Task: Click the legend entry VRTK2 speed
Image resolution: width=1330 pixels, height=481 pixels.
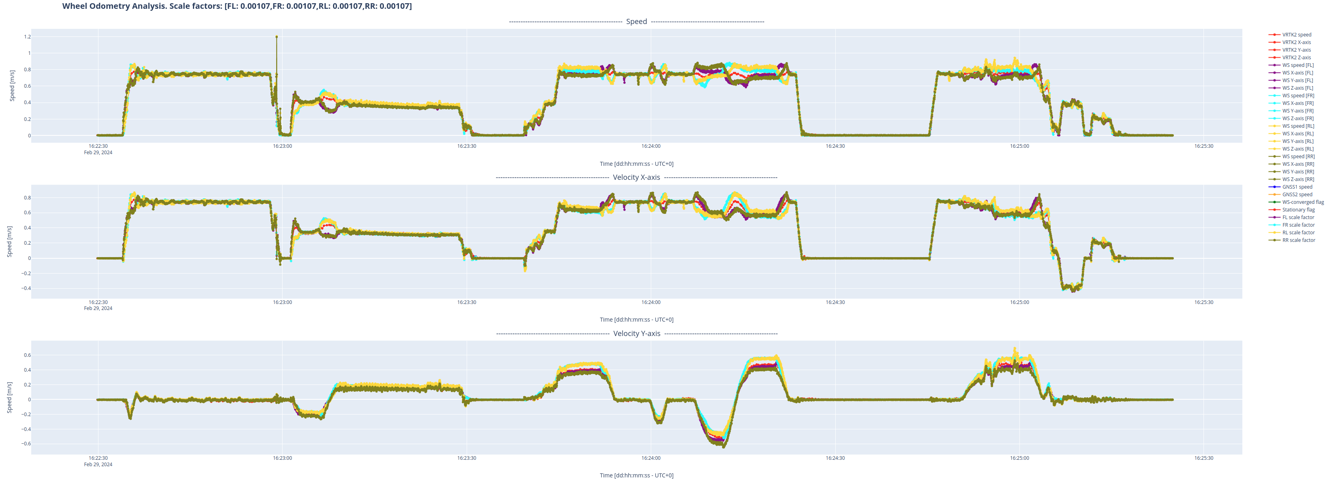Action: tap(1296, 34)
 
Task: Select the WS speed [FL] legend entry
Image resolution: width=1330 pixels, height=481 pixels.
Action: tap(1298, 65)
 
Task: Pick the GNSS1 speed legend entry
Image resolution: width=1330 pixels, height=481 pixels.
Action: tap(1297, 187)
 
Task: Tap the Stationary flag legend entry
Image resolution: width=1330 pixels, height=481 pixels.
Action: tap(1298, 210)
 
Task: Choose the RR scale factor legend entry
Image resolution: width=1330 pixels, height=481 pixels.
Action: tap(1298, 240)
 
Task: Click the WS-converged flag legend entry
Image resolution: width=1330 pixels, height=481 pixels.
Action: tap(1303, 202)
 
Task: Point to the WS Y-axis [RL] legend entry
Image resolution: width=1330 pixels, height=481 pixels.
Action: tap(1298, 141)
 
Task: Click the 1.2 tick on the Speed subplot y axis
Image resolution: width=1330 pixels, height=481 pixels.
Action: tap(27, 37)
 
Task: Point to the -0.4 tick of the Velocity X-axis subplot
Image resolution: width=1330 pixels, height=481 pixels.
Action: tap(26, 288)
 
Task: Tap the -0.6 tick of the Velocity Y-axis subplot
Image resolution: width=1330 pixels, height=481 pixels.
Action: tap(26, 443)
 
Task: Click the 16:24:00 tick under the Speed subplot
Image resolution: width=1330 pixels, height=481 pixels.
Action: tap(650, 146)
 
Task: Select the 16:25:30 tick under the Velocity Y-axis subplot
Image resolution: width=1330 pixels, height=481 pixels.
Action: tap(1204, 458)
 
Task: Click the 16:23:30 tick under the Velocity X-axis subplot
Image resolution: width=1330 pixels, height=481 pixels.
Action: tap(467, 302)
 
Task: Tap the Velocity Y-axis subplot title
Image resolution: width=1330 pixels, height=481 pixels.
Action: tap(637, 334)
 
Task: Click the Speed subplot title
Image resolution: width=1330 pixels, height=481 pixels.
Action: tap(636, 22)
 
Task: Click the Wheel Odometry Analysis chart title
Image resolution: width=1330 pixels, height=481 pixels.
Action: tap(237, 6)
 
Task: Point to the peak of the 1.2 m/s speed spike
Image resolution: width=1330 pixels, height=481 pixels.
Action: tap(277, 37)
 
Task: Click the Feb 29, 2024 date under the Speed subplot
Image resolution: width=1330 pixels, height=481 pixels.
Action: tap(98, 153)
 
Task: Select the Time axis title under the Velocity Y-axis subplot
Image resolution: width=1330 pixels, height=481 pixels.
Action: tap(636, 475)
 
